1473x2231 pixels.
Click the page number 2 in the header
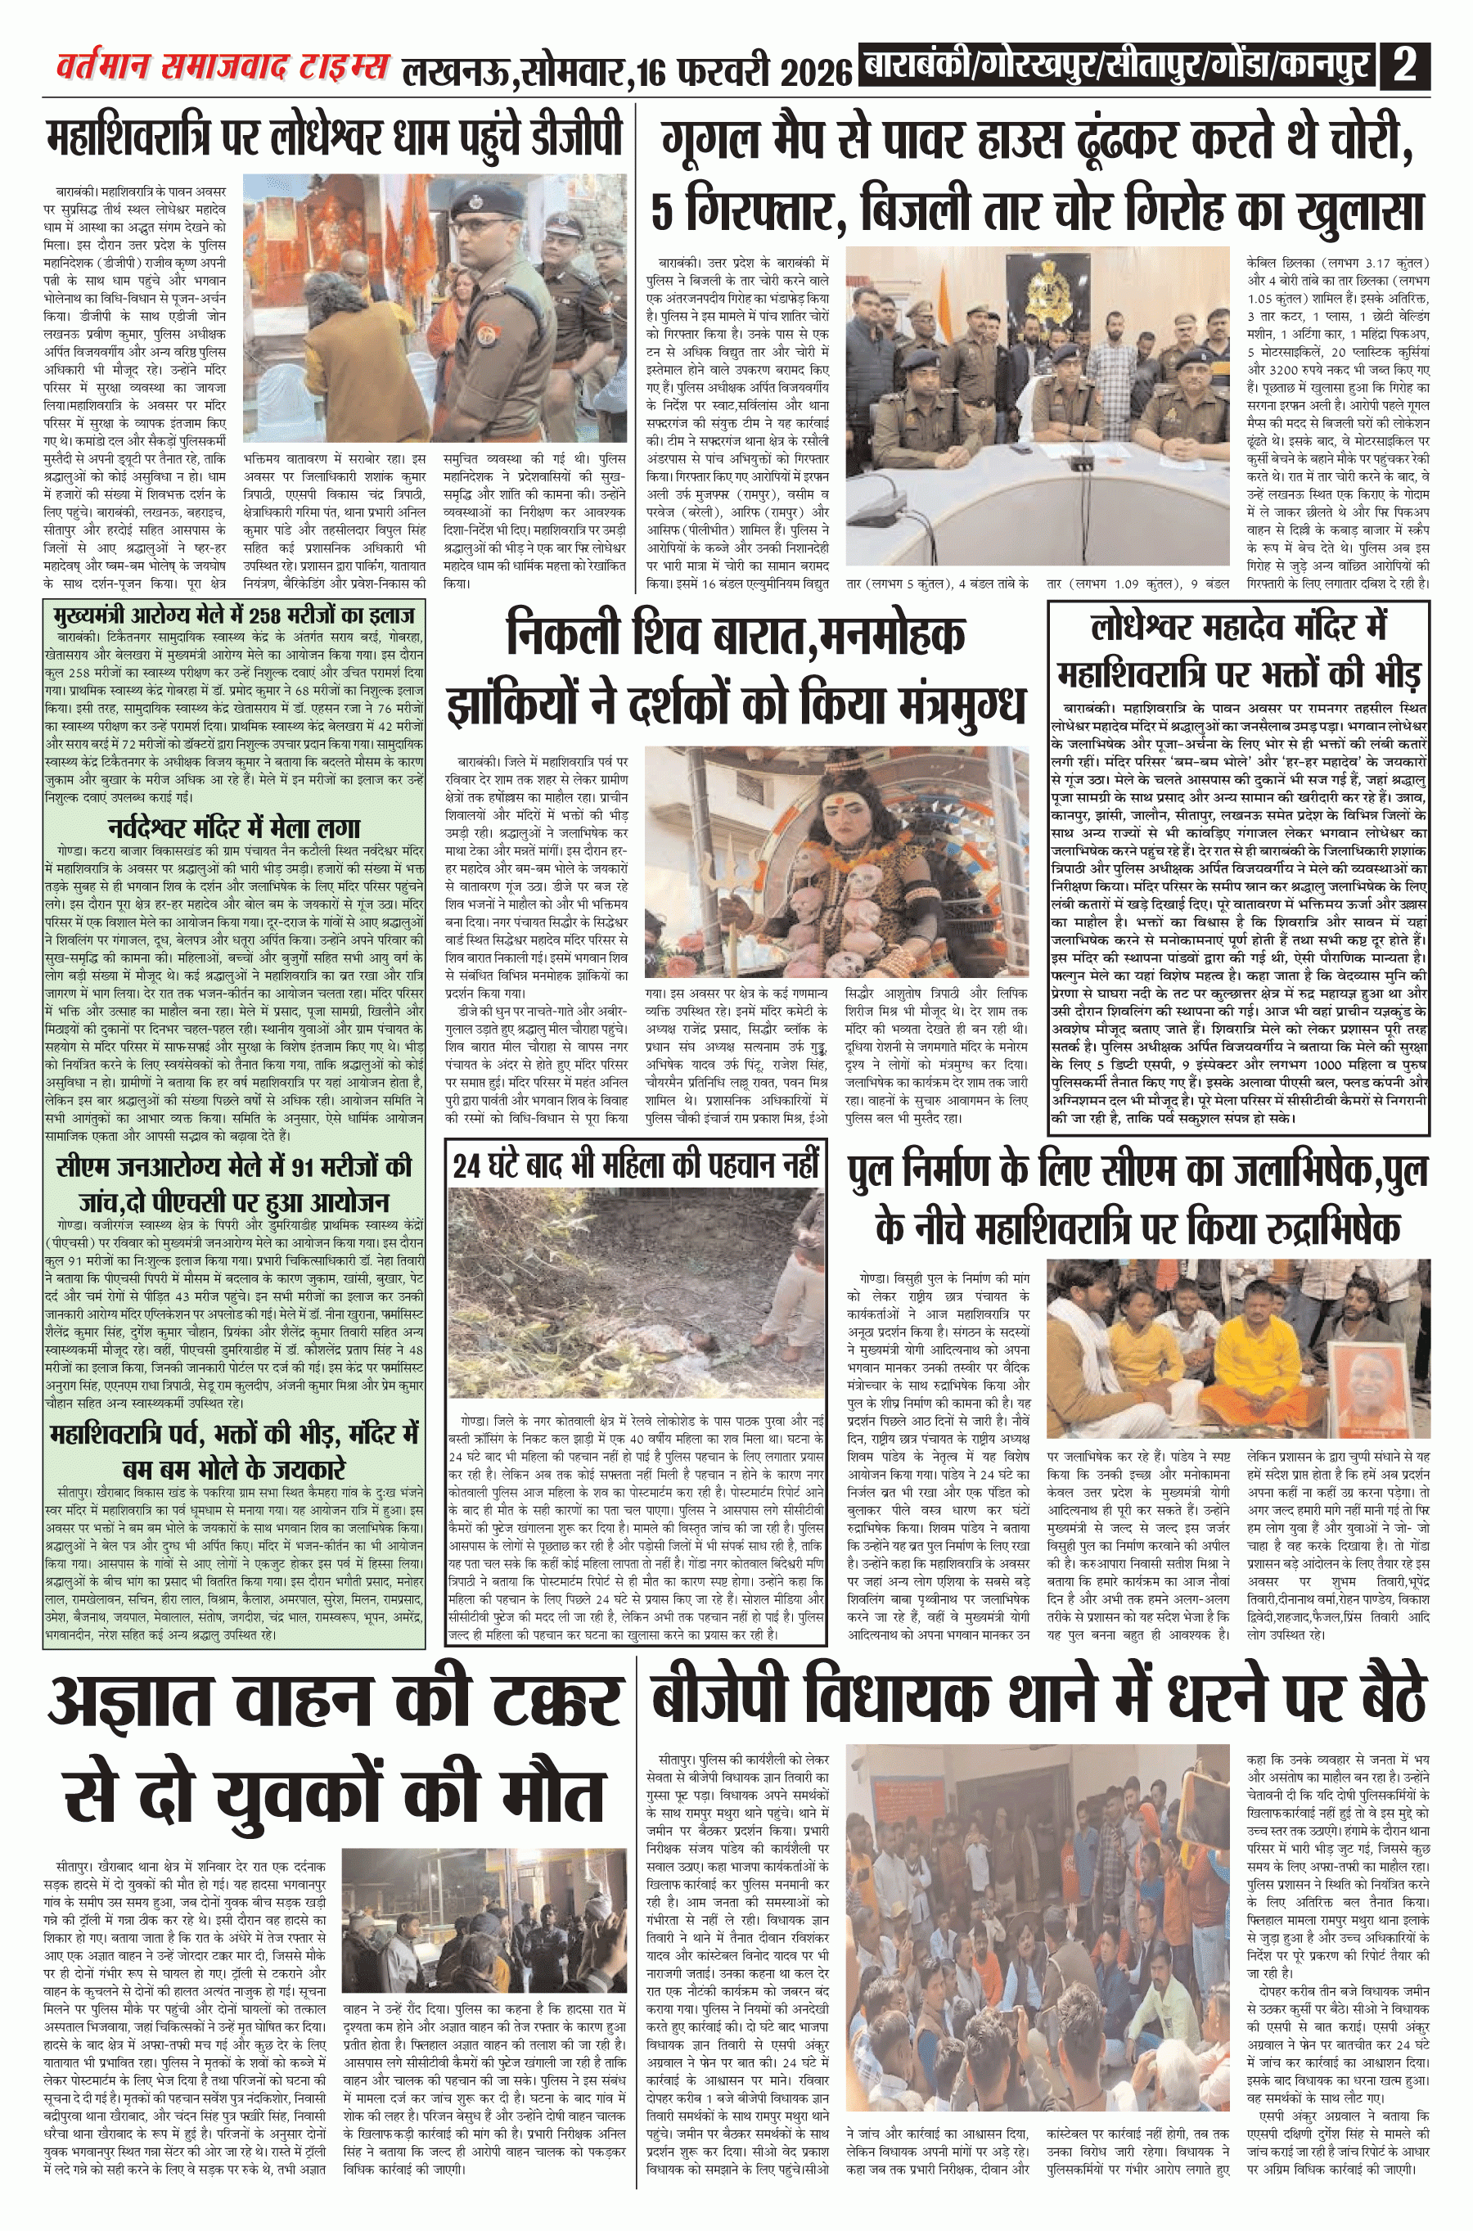tap(1405, 69)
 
